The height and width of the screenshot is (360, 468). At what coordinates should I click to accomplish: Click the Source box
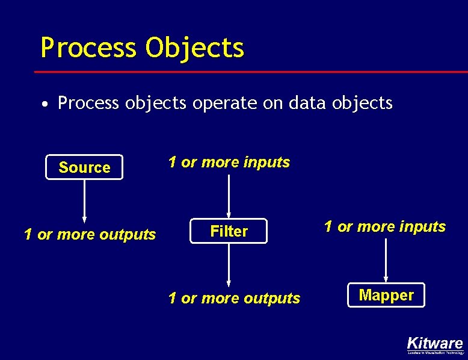click(84, 167)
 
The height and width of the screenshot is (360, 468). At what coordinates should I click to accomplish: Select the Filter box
click(229, 231)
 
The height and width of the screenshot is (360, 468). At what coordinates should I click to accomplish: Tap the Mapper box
click(386, 295)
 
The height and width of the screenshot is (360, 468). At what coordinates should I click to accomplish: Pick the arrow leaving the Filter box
click(229, 265)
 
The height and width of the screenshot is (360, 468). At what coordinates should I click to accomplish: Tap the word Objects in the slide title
click(194, 47)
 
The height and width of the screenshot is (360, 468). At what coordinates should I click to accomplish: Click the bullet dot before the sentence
click(45, 105)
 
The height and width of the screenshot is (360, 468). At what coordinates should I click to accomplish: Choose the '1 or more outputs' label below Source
click(90, 234)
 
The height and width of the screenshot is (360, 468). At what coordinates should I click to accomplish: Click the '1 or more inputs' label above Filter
click(229, 162)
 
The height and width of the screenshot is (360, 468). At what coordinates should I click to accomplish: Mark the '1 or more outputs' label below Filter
click(234, 298)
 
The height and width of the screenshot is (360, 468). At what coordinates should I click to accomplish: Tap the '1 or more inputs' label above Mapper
click(385, 226)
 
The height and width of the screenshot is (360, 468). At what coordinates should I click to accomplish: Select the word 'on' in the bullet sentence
click(274, 104)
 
